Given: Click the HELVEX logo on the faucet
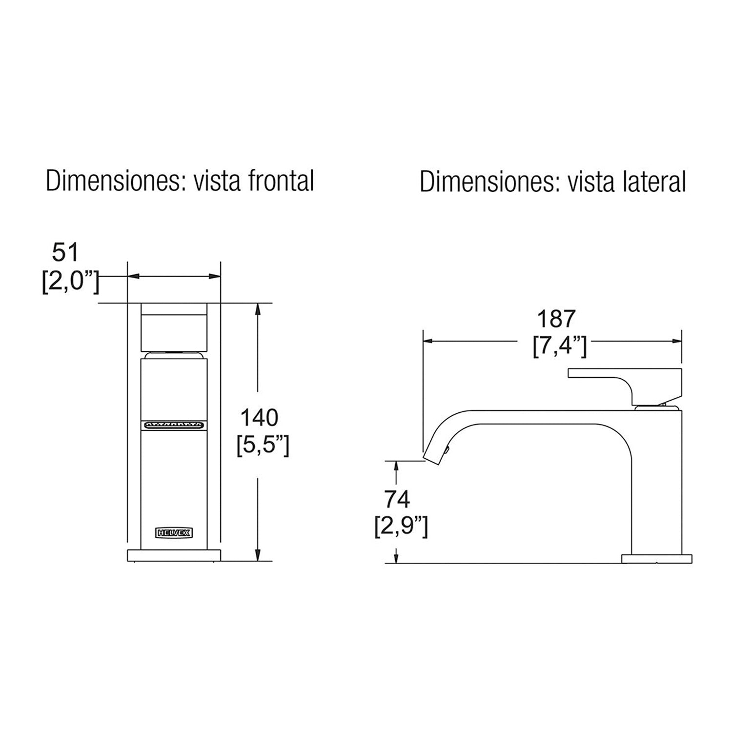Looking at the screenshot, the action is pos(174,531).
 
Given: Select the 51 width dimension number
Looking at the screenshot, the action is pos(65,253).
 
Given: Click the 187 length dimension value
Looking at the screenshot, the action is pos(556,319).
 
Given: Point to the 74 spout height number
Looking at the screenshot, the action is pos(397,499).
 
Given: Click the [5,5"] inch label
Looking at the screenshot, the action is pos(263,445).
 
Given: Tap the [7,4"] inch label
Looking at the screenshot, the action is pos(560,346).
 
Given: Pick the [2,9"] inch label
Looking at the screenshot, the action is pos(401,527).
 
